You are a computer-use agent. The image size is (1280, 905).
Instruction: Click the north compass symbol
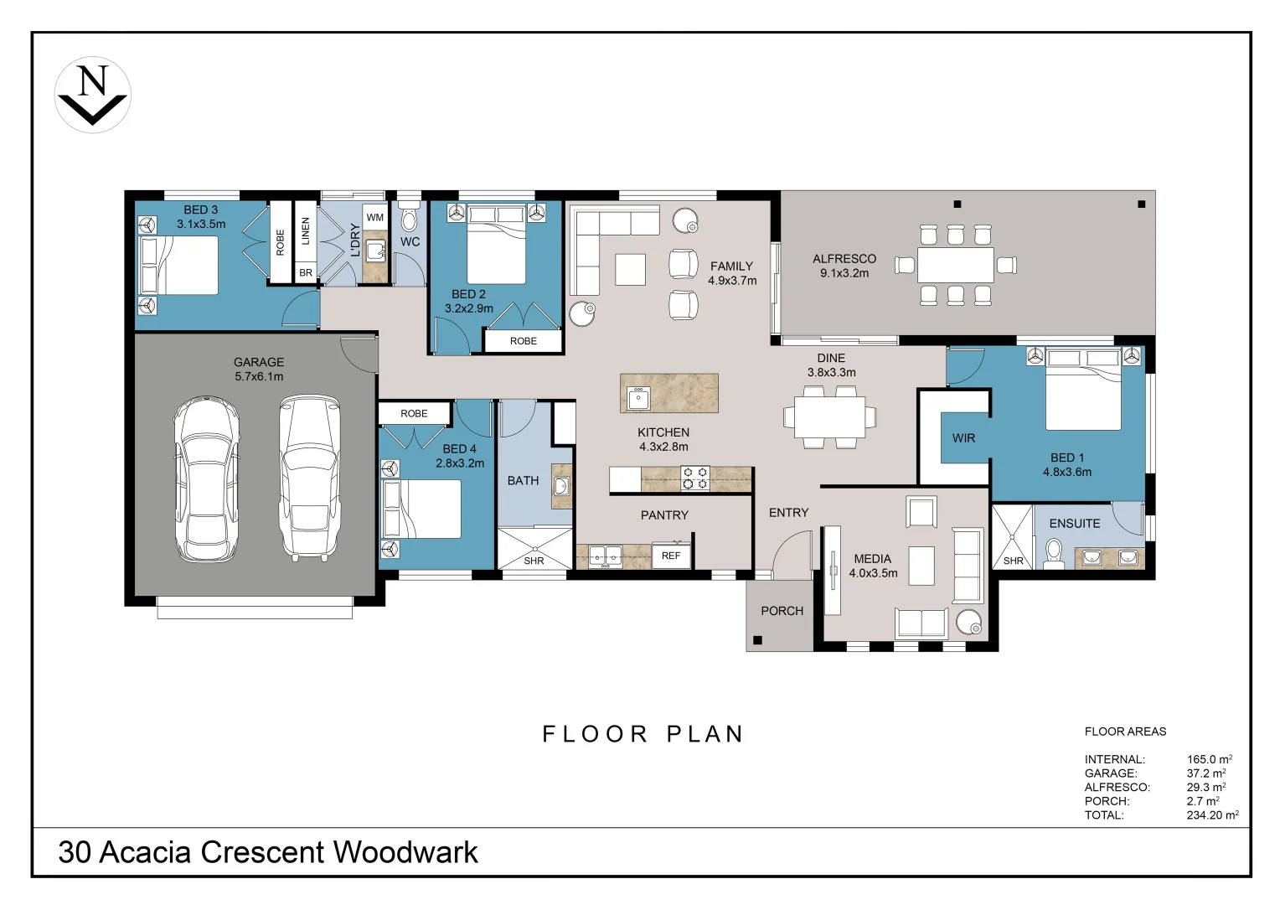click(x=93, y=95)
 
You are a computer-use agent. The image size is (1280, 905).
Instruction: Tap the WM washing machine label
click(x=374, y=217)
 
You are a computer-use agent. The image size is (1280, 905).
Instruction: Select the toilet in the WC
click(x=409, y=218)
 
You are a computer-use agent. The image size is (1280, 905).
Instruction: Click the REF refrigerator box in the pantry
click(x=671, y=555)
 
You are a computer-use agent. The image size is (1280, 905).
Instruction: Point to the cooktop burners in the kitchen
click(x=695, y=478)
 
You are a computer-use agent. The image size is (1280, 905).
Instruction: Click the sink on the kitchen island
click(x=637, y=398)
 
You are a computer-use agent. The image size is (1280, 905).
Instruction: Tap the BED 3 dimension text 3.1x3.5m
click(x=201, y=224)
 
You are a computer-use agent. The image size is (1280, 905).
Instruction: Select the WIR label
click(x=963, y=438)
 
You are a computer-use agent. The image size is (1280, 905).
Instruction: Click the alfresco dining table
click(x=956, y=265)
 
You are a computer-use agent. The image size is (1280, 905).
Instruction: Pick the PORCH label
click(x=782, y=611)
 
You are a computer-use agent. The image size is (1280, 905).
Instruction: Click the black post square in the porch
click(x=758, y=640)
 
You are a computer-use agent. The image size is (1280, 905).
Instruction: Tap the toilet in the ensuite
click(x=1053, y=553)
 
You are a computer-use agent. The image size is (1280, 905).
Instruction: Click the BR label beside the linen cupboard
click(x=306, y=272)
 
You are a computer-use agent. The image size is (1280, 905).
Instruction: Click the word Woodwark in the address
click(x=405, y=852)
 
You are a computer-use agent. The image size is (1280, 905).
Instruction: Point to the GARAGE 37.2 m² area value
click(x=1206, y=773)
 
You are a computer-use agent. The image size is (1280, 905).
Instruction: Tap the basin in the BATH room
click(x=562, y=487)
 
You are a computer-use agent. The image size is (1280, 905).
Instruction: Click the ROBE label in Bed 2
click(x=524, y=341)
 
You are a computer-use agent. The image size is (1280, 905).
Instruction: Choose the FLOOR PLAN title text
click(x=643, y=733)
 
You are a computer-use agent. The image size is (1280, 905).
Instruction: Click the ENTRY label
click(x=788, y=512)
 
